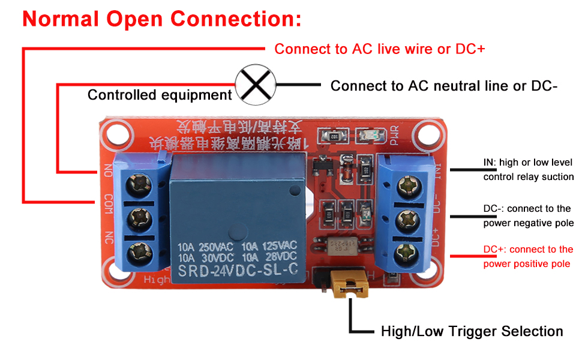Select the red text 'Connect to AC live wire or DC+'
pyautogui.click(x=379, y=49)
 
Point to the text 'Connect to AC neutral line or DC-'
pyautogui.click(x=444, y=86)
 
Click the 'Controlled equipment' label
pyautogui.click(x=160, y=95)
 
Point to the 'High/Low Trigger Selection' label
pyautogui.click(x=472, y=331)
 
